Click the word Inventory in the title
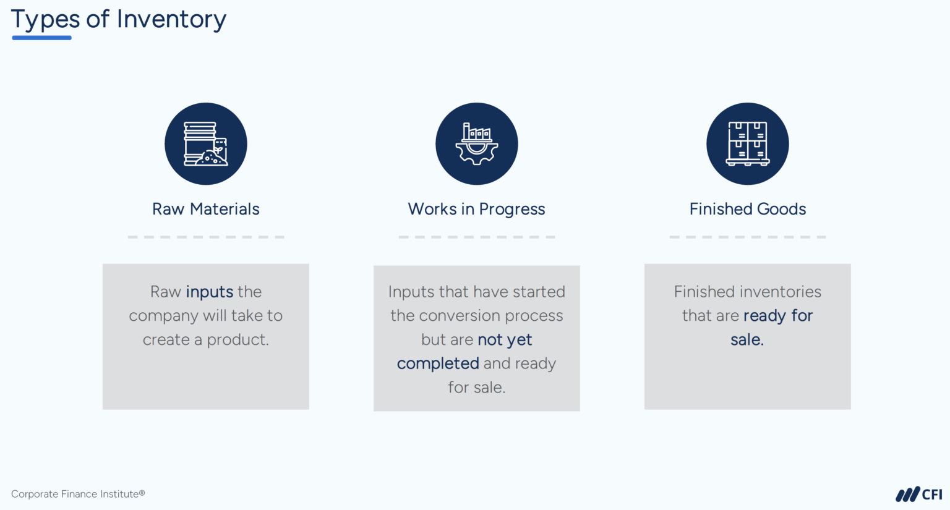point(171,20)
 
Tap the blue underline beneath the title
point(41,38)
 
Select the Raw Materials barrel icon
point(206,143)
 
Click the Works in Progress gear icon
point(476,143)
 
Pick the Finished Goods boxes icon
point(747,143)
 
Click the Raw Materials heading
point(206,209)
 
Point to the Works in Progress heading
point(476,209)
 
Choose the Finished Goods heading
point(747,209)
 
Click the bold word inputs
point(210,292)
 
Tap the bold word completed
point(438,363)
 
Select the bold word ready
point(764,316)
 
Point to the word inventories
point(784,292)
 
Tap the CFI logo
point(918,494)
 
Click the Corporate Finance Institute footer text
point(78,494)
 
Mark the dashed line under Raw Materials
point(206,237)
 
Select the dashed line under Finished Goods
point(747,237)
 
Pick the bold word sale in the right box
point(745,340)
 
